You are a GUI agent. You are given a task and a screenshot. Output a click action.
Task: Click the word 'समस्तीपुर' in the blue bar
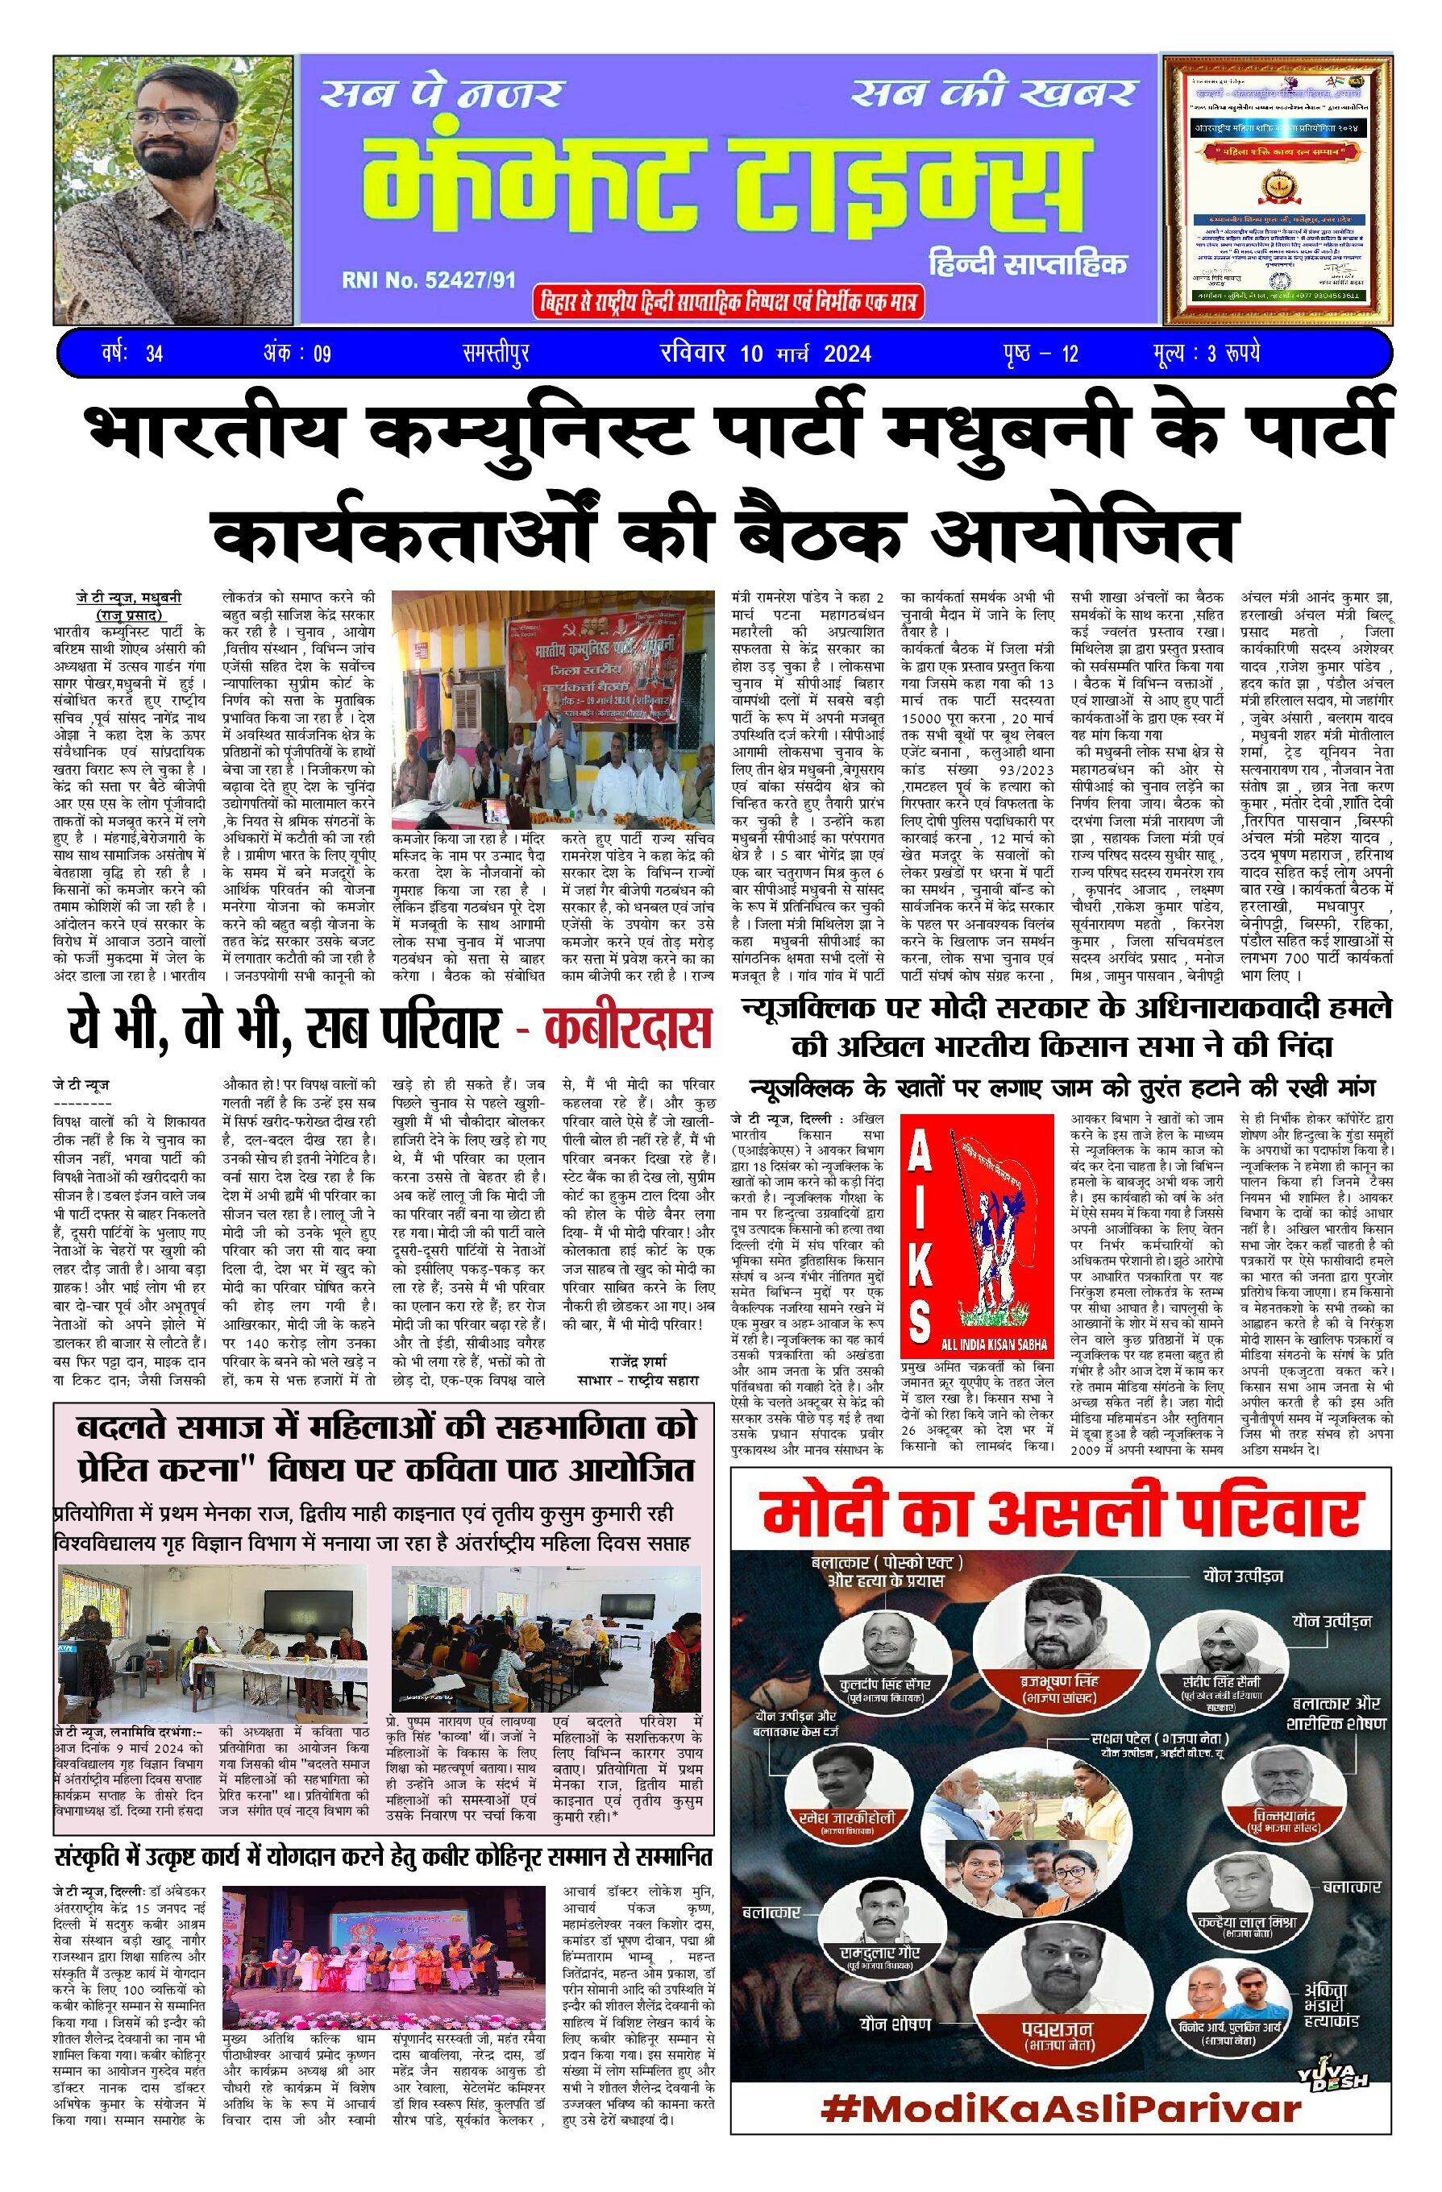[496, 353]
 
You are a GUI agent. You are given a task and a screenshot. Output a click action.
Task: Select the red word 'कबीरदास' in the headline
[629, 1028]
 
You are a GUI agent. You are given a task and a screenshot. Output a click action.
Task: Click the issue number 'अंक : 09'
[297, 353]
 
